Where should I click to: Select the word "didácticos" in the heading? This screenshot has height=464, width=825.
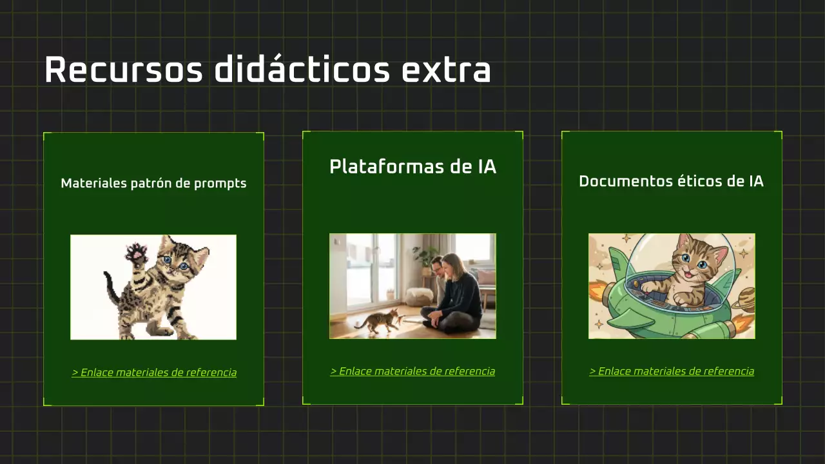(302, 70)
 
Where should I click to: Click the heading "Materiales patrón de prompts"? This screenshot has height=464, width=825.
(153, 184)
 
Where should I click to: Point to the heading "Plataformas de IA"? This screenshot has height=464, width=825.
(412, 167)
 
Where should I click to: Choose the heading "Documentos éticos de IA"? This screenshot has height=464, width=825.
(671, 182)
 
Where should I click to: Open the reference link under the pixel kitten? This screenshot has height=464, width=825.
(154, 372)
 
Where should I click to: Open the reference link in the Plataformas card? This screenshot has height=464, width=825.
(412, 371)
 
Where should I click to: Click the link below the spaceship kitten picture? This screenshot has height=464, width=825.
(671, 371)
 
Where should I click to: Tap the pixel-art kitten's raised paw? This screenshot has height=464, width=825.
(136, 252)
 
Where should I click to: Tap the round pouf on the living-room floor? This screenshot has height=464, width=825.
(420, 296)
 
